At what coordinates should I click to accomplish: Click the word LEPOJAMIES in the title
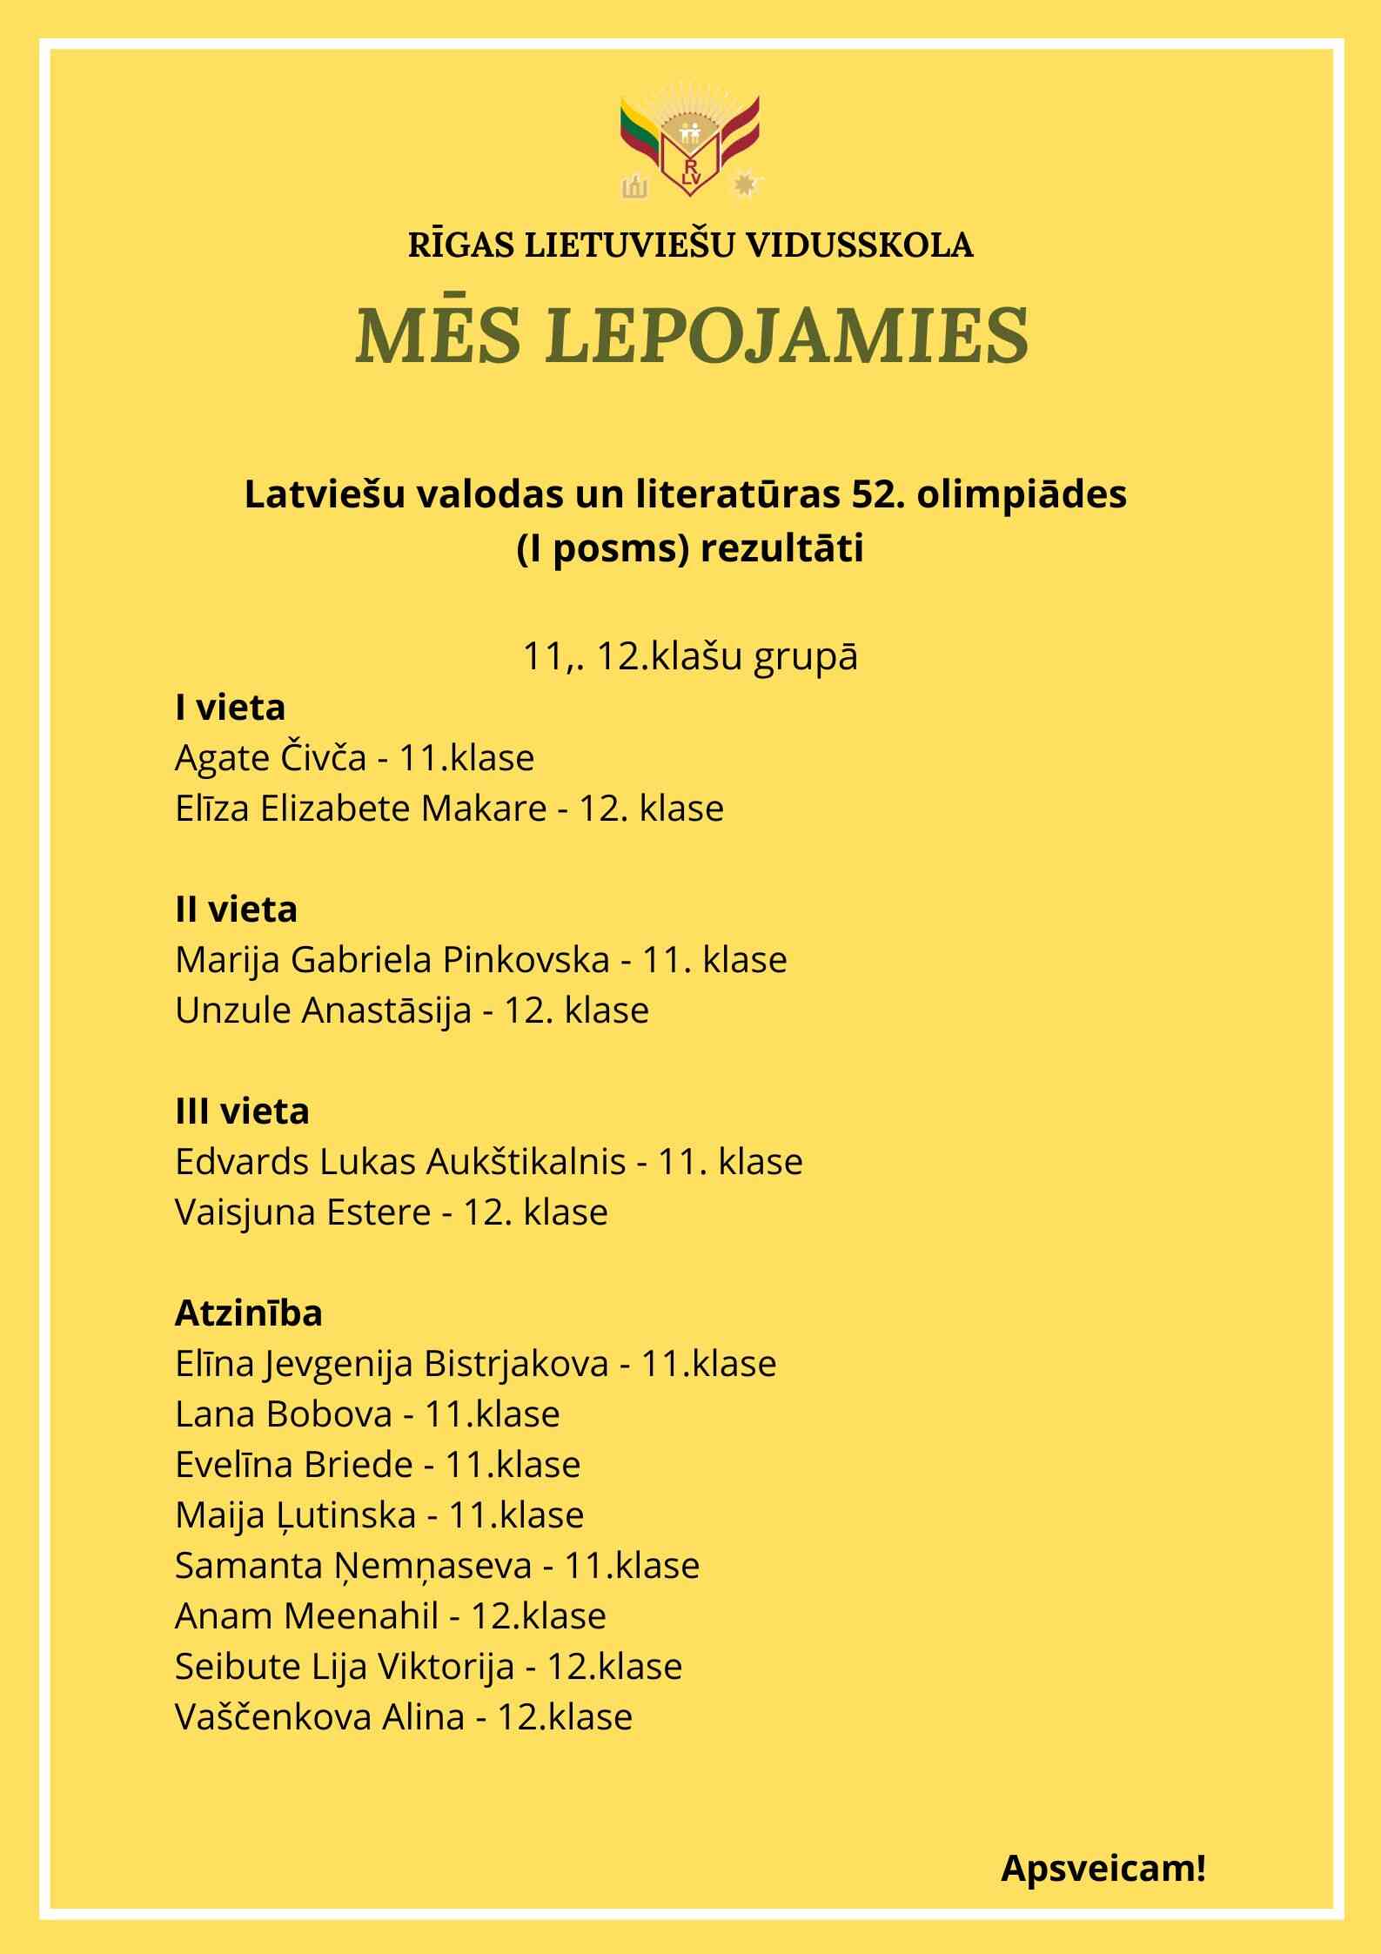[789, 334]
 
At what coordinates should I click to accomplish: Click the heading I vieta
[230, 708]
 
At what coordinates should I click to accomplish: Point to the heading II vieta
[236, 910]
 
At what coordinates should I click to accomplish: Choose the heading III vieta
[242, 1111]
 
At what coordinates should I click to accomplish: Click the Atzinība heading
[248, 1313]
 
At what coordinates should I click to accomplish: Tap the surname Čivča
[323, 758]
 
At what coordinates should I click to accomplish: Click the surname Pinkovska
[526, 960]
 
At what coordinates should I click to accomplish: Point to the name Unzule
[232, 1011]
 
